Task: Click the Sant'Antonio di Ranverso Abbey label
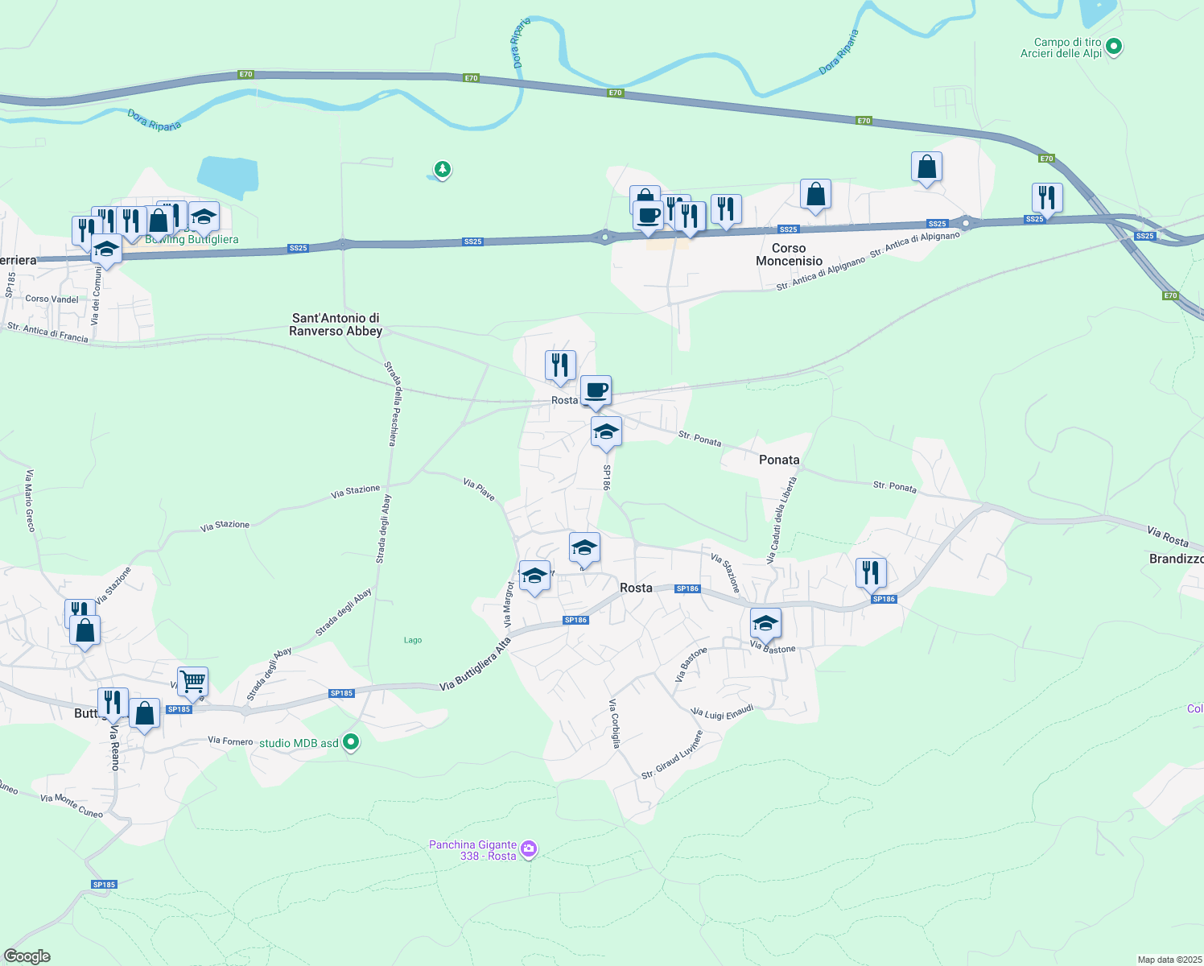coord(336,324)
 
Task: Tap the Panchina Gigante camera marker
coord(529,849)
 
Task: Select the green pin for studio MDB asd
coord(351,742)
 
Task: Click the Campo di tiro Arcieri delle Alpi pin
coord(1114,47)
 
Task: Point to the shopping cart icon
coord(192,682)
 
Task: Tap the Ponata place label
coord(779,460)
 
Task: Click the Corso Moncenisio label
coord(789,254)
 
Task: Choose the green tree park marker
coord(442,169)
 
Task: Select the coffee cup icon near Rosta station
coord(596,390)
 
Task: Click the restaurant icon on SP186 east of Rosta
coord(870,572)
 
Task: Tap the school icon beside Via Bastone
coord(765,623)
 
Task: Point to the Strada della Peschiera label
coord(391,402)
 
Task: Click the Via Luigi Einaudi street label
coord(723,712)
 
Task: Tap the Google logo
coord(27,956)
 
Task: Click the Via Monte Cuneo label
coord(72,806)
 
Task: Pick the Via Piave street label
coord(479,489)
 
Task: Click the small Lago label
coord(413,640)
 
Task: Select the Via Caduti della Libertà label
coord(781,519)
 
